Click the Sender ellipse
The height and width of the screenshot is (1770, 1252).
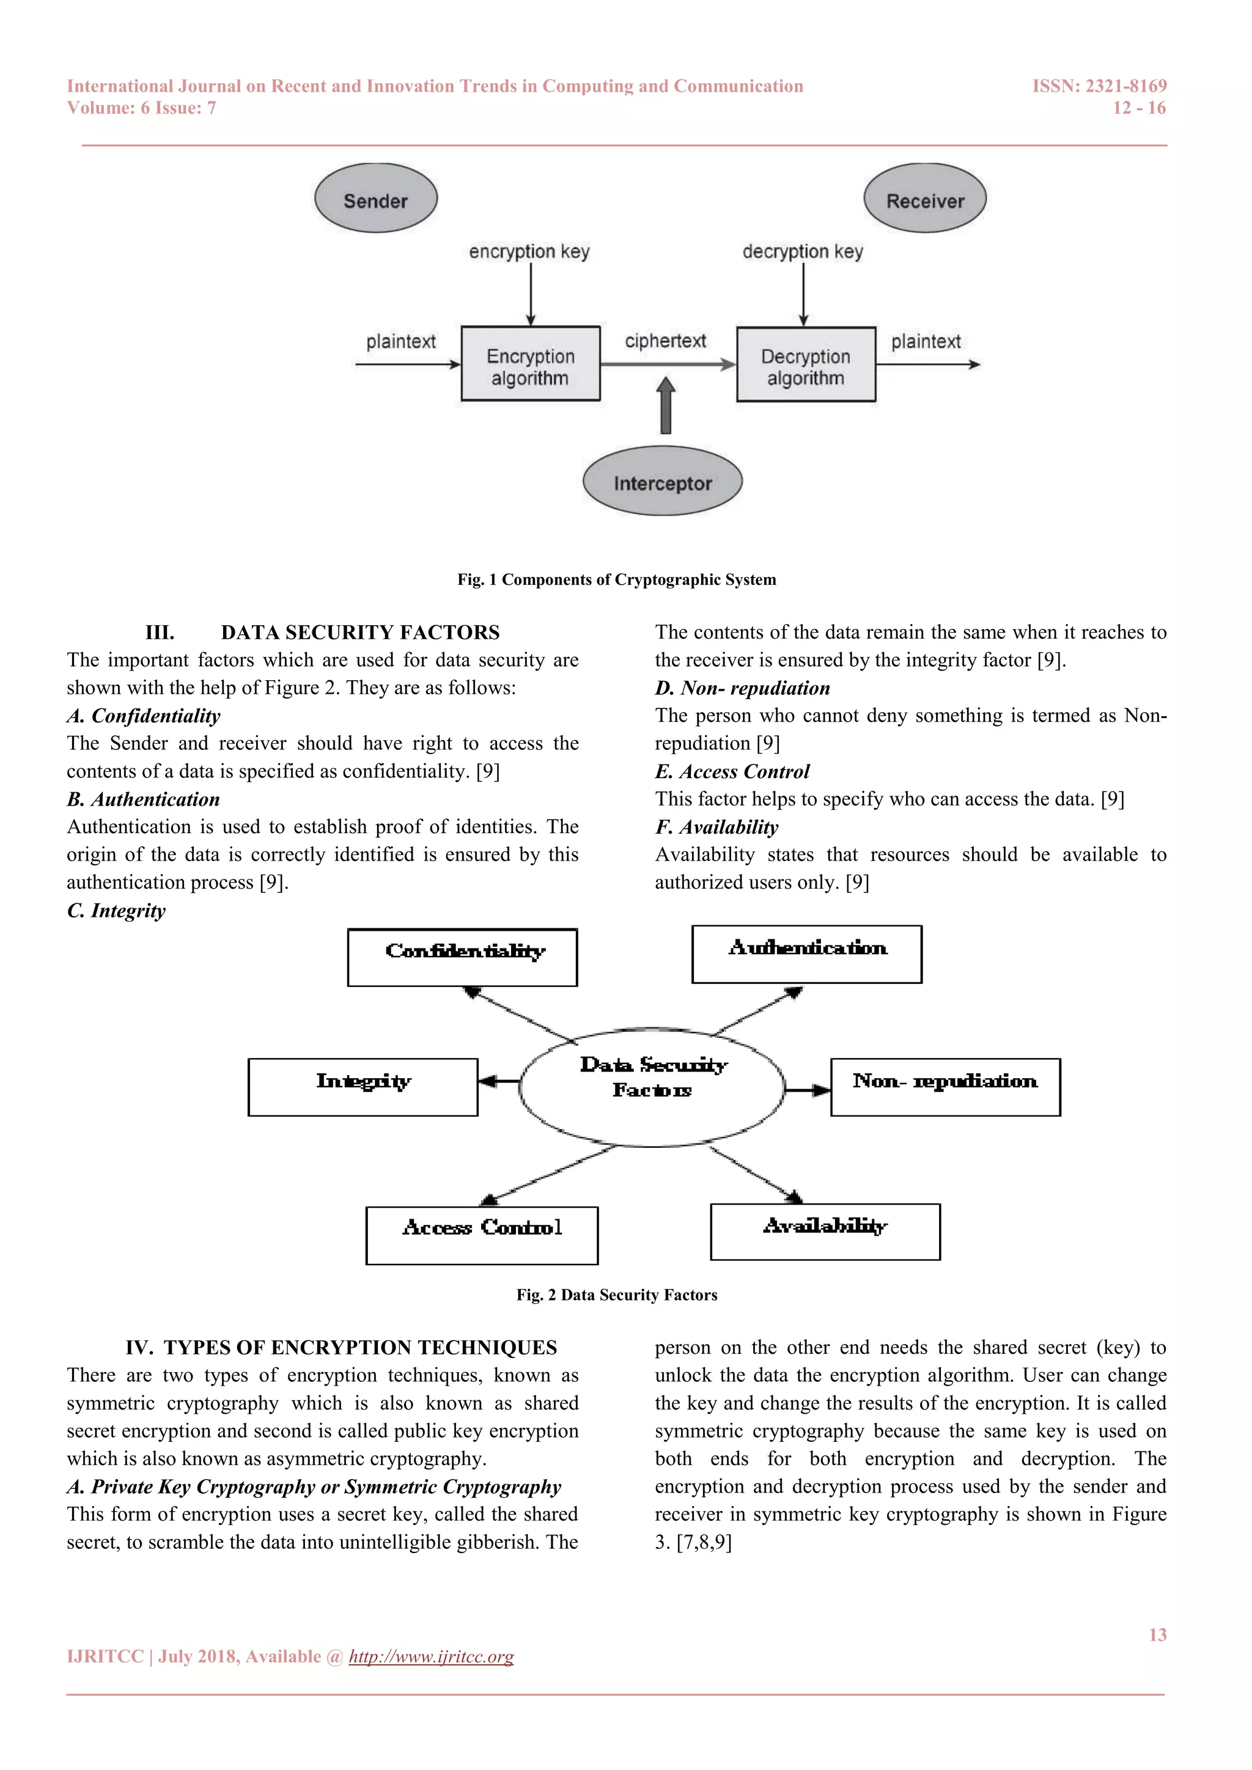pos(375,199)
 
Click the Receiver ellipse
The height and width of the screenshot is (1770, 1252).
pos(924,199)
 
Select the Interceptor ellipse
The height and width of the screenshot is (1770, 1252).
pos(662,482)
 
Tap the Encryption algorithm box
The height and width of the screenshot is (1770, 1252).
pos(531,364)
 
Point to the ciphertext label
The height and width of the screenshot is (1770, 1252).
pos(665,341)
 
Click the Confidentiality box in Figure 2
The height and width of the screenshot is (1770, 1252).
pos(463,958)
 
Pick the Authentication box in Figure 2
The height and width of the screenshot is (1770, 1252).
pos(806,955)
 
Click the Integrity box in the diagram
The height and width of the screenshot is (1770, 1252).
pos(363,1087)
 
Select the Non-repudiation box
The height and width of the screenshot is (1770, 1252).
pos(945,1087)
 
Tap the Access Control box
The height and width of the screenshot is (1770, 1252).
pos(482,1235)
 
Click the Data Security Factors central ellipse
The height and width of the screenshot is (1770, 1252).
pos(652,1087)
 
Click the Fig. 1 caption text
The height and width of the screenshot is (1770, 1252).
pos(617,580)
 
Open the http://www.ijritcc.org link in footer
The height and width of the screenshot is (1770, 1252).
pos(431,1657)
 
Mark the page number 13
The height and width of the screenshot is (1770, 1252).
pos(1157,1634)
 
